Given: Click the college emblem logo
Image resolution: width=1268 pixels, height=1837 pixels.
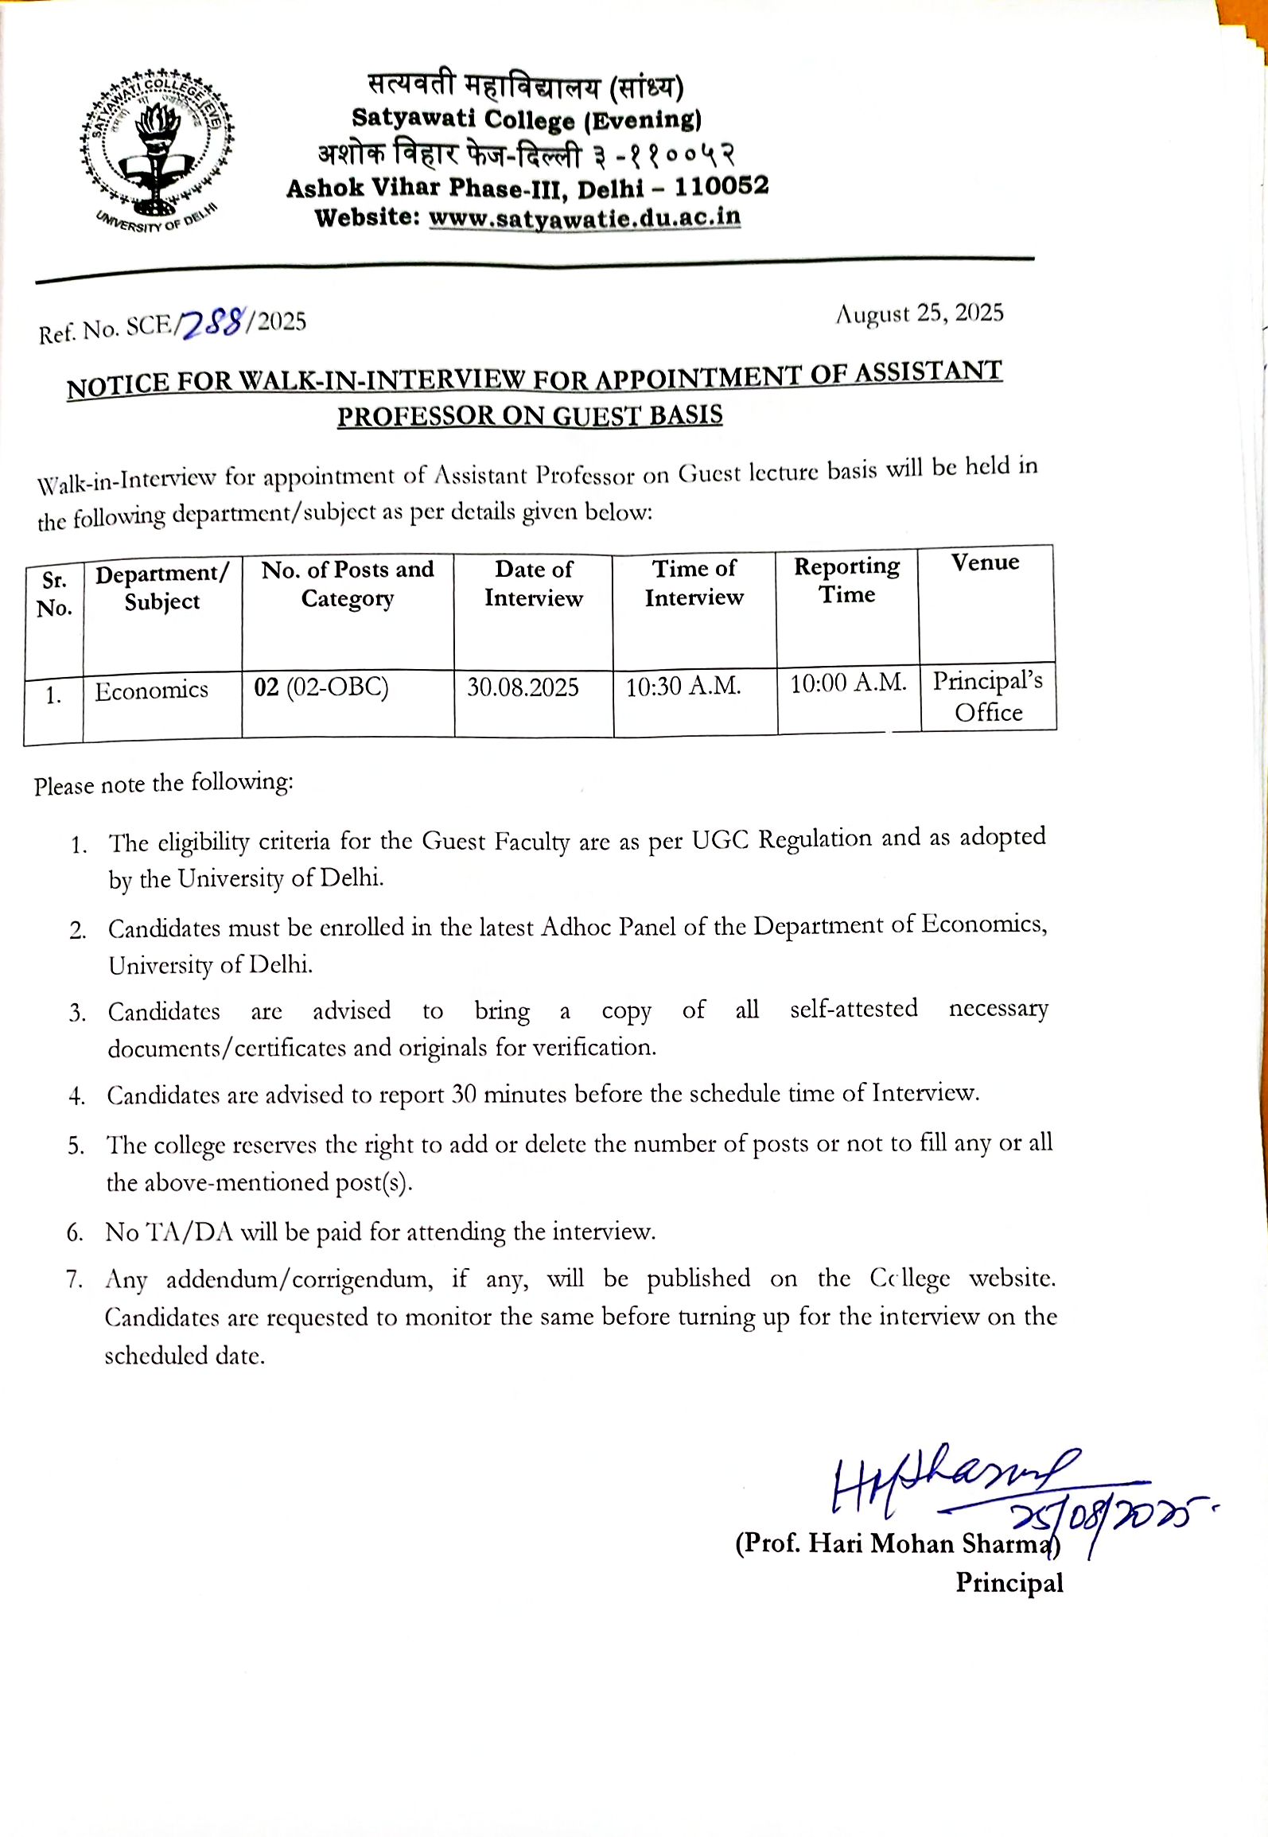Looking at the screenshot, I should pyautogui.click(x=157, y=148).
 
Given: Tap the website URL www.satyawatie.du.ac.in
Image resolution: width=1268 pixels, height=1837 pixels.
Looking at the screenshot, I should pyautogui.click(x=585, y=217).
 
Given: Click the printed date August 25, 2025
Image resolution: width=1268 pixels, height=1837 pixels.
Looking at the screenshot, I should pyautogui.click(x=919, y=313).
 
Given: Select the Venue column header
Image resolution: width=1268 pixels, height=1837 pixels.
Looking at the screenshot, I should pyautogui.click(x=985, y=562).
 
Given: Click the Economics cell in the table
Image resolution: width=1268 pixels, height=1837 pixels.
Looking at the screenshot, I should pyautogui.click(x=151, y=690).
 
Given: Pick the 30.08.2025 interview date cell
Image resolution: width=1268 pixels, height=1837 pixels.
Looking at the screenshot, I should pyautogui.click(x=523, y=687).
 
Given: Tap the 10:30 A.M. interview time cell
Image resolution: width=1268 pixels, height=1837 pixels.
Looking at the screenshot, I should pyautogui.click(x=683, y=686).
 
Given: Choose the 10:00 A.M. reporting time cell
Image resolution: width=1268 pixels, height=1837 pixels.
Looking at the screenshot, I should pyautogui.click(x=848, y=683).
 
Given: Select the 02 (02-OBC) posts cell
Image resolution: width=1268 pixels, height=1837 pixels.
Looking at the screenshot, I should pyautogui.click(x=321, y=687).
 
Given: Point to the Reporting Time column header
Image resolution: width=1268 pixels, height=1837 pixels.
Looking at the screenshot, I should pyautogui.click(x=847, y=580).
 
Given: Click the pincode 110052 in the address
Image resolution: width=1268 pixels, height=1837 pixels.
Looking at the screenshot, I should pyautogui.click(x=722, y=186).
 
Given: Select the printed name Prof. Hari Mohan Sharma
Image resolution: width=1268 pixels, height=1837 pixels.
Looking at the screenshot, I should pyautogui.click(x=897, y=1543).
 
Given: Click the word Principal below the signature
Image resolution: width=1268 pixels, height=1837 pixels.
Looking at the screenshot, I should pyautogui.click(x=1009, y=1582).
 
